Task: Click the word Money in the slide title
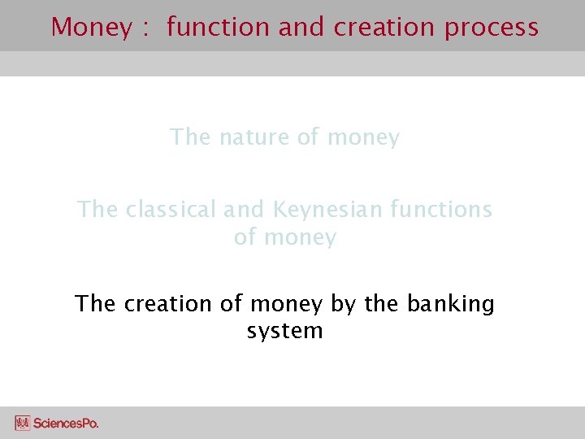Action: click(90, 27)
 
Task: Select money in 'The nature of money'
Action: click(363, 138)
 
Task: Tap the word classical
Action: click(171, 210)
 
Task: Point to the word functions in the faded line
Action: click(441, 210)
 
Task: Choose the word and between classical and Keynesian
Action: click(243, 210)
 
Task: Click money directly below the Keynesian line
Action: click(296, 238)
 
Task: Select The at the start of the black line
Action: click(95, 303)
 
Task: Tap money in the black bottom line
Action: click(287, 304)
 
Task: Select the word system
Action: click(284, 332)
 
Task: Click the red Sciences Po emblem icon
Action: click(22, 423)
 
